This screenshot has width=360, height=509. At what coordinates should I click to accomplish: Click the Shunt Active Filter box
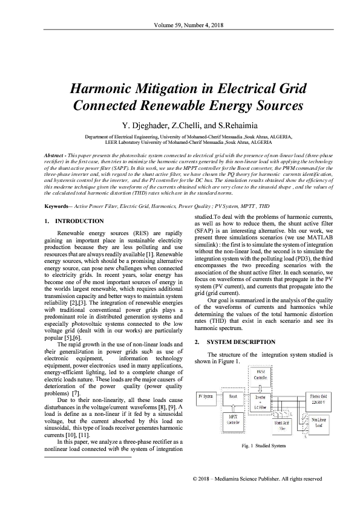tap(283, 425)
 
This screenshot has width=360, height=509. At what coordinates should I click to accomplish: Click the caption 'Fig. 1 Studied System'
tap(262, 446)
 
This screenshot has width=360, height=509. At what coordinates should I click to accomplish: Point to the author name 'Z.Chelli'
tap(180, 126)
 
